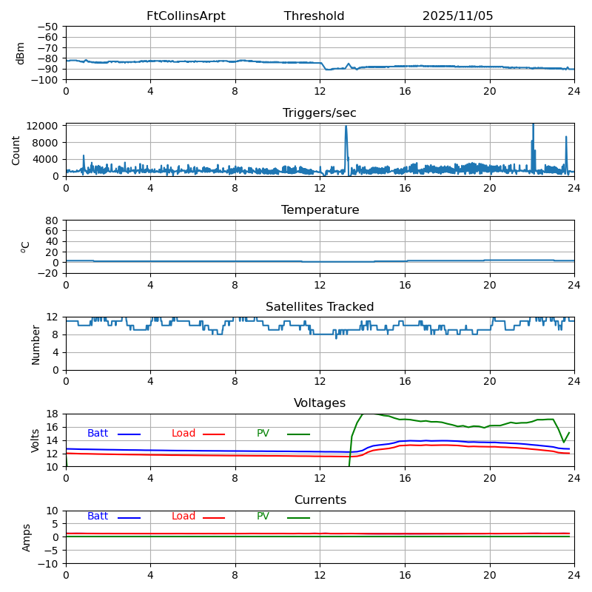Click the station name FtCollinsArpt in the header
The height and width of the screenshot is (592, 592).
pyautogui.click(x=186, y=16)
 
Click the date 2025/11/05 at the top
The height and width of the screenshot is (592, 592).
pyautogui.click(x=457, y=16)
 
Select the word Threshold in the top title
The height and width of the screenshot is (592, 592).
pyautogui.click(x=314, y=16)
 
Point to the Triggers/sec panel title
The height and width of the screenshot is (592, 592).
pyautogui.click(x=320, y=113)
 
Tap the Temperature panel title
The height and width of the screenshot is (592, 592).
pyautogui.click(x=320, y=210)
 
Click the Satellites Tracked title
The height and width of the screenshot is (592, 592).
pyautogui.click(x=320, y=307)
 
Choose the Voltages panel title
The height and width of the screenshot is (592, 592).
pyautogui.click(x=320, y=403)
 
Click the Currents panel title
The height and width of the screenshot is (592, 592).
pyautogui.click(x=320, y=500)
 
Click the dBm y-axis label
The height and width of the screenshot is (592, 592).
pyautogui.click(x=21, y=53)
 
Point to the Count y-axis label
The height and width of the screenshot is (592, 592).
pyautogui.click(x=16, y=149)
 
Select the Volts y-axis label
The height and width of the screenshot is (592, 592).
pyautogui.click(x=36, y=440)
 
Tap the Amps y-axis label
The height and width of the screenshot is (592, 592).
pyautogui.click(x=27, y=537)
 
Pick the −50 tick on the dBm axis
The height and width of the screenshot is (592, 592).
pyautogui.click(x=48, y=27)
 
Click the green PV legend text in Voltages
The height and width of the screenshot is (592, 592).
pyautogui.click(x=263, y=434)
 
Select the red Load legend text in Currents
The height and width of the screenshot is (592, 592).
pyautogui.click(x=184, y=517)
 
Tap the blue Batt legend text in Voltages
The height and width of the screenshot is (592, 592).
pyautogui.click(x=98, y=434)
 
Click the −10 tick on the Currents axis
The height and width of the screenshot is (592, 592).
pyautogui.click(x=48, y=564)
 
